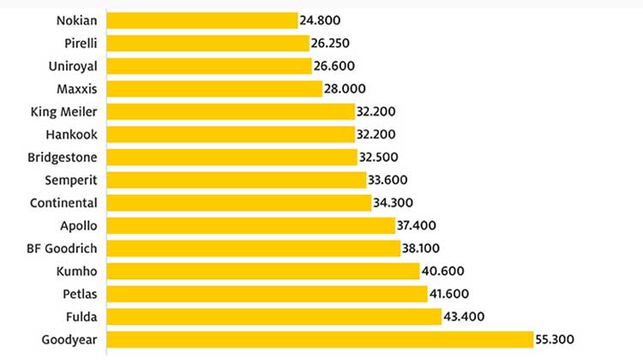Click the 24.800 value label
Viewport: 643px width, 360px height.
[322, 20]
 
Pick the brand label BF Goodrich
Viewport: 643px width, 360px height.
[63, 249]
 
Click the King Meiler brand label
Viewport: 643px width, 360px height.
[63, 111]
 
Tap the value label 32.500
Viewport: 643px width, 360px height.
[383, 157]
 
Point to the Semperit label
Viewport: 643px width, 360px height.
[70, 180]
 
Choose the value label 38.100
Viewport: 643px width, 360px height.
[427, 249]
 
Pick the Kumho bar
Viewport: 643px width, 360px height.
[261, 272]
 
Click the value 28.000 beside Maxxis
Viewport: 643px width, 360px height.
[348, 88]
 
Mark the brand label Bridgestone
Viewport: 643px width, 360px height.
[63, 157]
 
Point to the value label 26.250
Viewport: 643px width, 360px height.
[335, 43]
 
